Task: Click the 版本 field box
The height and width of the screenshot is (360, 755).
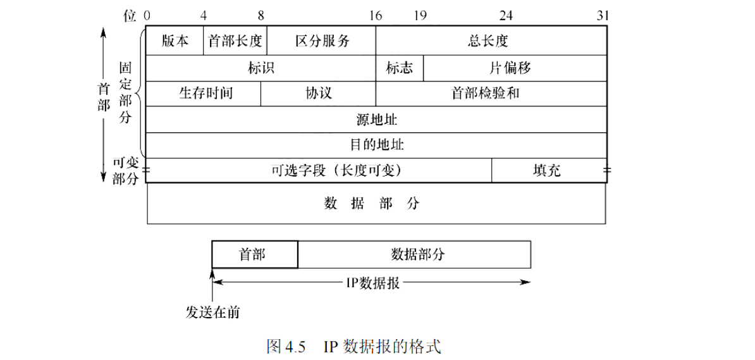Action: point(175,41)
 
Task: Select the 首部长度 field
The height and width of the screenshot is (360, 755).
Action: point(235,41)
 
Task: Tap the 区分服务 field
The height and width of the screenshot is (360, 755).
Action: point(322,41)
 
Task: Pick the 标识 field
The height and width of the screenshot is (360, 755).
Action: point(261,68)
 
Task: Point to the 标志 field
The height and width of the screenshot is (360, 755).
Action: point(399,68)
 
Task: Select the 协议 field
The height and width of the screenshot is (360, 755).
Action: point(318,94)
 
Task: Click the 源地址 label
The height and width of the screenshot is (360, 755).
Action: point(377,120)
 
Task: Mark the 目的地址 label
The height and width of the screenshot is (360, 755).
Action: point(377,145)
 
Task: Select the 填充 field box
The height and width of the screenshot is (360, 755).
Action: point(548,170)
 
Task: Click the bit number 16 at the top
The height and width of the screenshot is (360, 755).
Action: point(376,15)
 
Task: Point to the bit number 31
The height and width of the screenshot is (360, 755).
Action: point(603,15)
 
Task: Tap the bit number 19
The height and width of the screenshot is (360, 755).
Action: point(420,15)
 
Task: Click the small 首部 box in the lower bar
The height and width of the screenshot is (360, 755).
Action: point(254,254)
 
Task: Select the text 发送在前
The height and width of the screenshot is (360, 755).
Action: point(212,312)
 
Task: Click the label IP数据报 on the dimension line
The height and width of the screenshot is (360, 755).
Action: point(371,283)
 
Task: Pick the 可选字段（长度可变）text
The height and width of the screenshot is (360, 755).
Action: point(337,170)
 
